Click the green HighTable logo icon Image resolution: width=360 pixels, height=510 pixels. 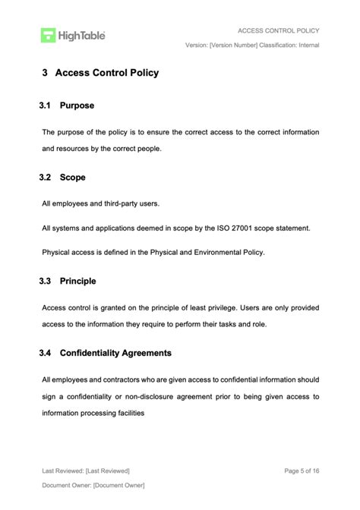click(x=49, y=35)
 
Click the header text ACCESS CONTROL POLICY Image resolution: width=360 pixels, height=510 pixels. click(x=278, y=30)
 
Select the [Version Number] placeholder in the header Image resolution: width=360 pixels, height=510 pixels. click(x=233, y=46)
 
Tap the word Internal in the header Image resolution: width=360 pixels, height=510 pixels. click(x=305, y=46)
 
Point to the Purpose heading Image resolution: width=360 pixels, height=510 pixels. click(x=77, y=105)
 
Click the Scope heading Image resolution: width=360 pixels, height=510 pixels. click(x=73, y=178)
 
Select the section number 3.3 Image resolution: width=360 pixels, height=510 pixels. click(x=45, y=281)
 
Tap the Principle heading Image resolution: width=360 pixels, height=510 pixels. click(x=78, y=281)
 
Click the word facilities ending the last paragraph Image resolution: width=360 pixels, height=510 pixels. click(x=127, y=414)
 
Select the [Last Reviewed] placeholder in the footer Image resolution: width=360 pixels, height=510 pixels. click(x=108, y=471)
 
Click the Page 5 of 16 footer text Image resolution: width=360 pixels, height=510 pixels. click(x=302, y=471)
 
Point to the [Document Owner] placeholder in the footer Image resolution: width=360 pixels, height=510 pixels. click(x=119, y=485)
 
